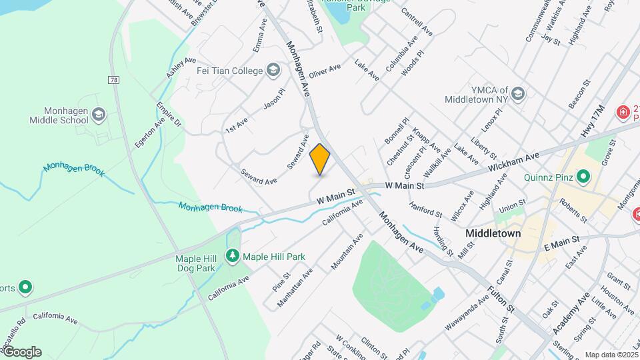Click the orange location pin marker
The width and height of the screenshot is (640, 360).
coord(320,159)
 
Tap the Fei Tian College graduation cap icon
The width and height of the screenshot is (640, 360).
coord(273,70)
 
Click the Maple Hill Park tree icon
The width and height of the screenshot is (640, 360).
coord(233,256)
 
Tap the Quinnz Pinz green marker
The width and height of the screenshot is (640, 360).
coord(584,177)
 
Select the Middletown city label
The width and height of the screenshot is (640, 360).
coord(493,234)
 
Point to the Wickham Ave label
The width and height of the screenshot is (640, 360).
coord(513,161)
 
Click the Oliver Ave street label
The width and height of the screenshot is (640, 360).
coord(325,71)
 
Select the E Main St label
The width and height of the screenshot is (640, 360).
coord(560,241)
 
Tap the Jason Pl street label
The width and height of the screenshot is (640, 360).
coord(274,99)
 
